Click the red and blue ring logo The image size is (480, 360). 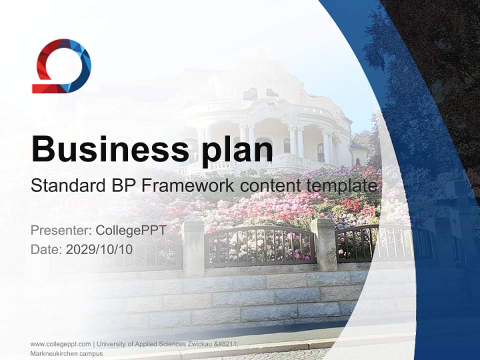pos(61,66)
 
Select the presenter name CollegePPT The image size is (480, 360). pos(130,230)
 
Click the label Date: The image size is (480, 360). pos(46,249)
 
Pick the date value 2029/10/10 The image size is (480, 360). pos(99,249)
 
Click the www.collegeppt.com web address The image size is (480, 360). pos(60,344)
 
